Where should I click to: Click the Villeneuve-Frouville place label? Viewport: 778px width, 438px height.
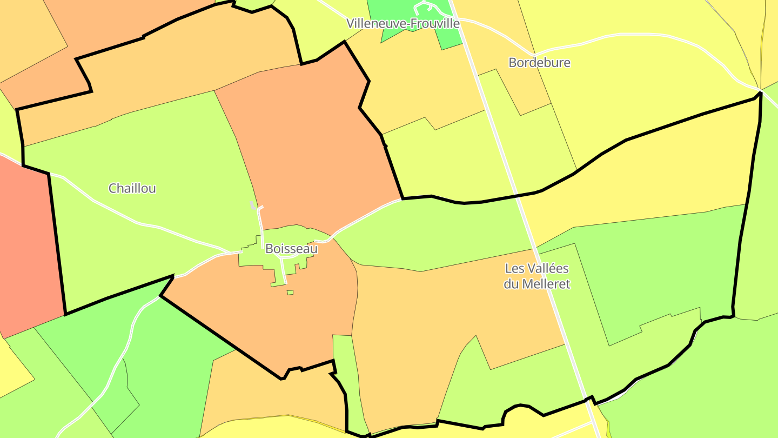[403, 23]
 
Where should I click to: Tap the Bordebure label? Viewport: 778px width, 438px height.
[539, 62]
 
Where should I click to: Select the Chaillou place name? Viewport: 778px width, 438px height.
[132, 188]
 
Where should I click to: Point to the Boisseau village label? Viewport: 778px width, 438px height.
[291, 249]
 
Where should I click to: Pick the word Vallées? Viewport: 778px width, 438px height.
[546, 268]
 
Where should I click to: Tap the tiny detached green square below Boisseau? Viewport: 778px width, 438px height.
[290, 293]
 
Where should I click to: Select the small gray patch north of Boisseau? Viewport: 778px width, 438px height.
[252, 205]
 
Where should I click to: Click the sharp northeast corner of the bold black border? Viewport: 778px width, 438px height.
[760, 93]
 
